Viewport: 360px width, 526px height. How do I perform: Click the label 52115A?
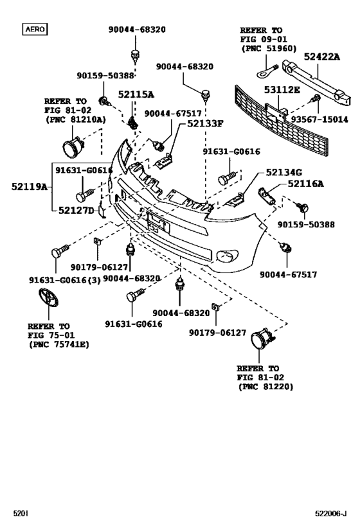coord(136,94)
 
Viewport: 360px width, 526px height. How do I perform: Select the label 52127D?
coord(76,211)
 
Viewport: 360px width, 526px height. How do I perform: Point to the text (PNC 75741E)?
coord(59,345)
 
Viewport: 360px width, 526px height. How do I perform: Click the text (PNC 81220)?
coord(265,387)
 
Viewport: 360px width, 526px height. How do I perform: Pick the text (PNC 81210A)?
coord(75,119)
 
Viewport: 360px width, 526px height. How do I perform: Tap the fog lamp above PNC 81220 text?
coord(262,341)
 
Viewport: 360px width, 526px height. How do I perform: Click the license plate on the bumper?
coord(157,222)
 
